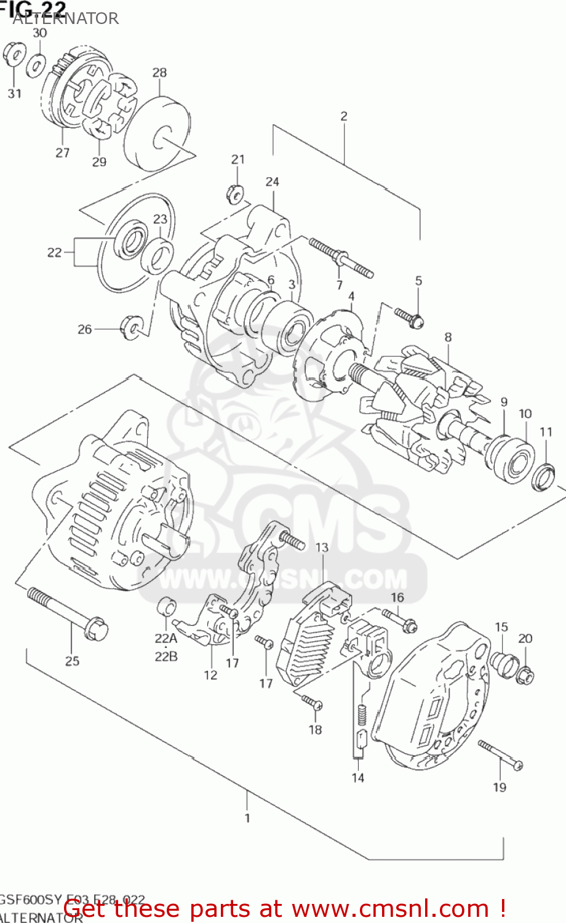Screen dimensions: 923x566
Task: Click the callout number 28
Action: coord(159,73)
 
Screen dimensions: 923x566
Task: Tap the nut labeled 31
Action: coord(14,55)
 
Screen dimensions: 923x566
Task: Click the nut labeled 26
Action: coord(132,326)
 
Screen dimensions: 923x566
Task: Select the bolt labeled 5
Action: coord(409,317)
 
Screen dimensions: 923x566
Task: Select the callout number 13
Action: coord(322,548)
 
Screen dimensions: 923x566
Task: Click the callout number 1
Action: coord(247,818)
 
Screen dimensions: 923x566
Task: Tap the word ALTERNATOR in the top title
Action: coord(66,18)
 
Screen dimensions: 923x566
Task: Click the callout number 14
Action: coord(358,778)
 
